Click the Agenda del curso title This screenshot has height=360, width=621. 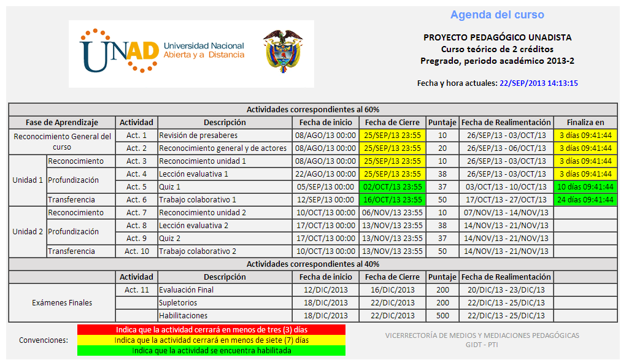497,15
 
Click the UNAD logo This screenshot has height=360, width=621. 162,53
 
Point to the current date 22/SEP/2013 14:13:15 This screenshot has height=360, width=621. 539,83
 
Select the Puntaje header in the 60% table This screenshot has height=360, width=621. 442,122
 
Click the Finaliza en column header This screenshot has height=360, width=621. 585,122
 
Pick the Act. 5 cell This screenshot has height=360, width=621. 136,186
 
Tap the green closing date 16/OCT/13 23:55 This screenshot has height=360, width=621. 393,199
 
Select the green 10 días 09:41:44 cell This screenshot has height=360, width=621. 585,186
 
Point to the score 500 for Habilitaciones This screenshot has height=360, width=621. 442,315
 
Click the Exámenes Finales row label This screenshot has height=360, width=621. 62,302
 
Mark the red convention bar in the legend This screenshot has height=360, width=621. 211,329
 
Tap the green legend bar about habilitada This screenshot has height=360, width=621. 211,351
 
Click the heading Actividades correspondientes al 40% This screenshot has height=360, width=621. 313,264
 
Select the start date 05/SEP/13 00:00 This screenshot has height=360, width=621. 325,186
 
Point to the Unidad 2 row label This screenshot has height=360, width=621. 28,232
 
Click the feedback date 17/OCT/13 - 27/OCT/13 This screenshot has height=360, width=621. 507,199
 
